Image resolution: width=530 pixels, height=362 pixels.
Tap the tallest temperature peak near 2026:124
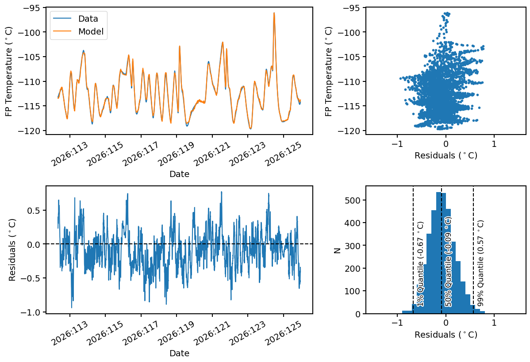click(x=274, y=13)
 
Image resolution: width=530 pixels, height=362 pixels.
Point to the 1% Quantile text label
click(x=420, y=264)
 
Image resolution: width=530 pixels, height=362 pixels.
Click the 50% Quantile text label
click(x=448, y=262)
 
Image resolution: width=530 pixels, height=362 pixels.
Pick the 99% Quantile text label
click(x=480, y=263)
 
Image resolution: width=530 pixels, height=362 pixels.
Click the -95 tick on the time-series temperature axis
click(x=31, y=8)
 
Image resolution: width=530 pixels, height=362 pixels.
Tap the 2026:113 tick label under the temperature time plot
click(x=69, y=154)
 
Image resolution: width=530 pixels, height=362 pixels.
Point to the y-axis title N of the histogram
click(x=337, y=250)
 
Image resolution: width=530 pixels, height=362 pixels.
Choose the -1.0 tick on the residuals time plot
click(x=31, y=312)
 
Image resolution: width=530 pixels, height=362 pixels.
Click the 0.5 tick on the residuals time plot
click(x=34, y=210)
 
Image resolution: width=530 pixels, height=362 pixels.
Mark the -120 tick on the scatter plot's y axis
click(x=351, y=131)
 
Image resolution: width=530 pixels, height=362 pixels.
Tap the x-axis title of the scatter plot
click(x=446, y=155)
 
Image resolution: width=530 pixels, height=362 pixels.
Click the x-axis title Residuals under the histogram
click(x=446, y=335)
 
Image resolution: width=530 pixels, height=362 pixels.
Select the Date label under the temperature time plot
click(x=179, y=174)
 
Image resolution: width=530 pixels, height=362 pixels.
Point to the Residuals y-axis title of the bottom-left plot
click(x=12, y=250)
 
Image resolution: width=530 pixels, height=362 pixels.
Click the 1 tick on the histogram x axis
click(x=494, y=323)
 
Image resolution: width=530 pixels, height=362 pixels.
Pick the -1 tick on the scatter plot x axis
click(x=397, y=144)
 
